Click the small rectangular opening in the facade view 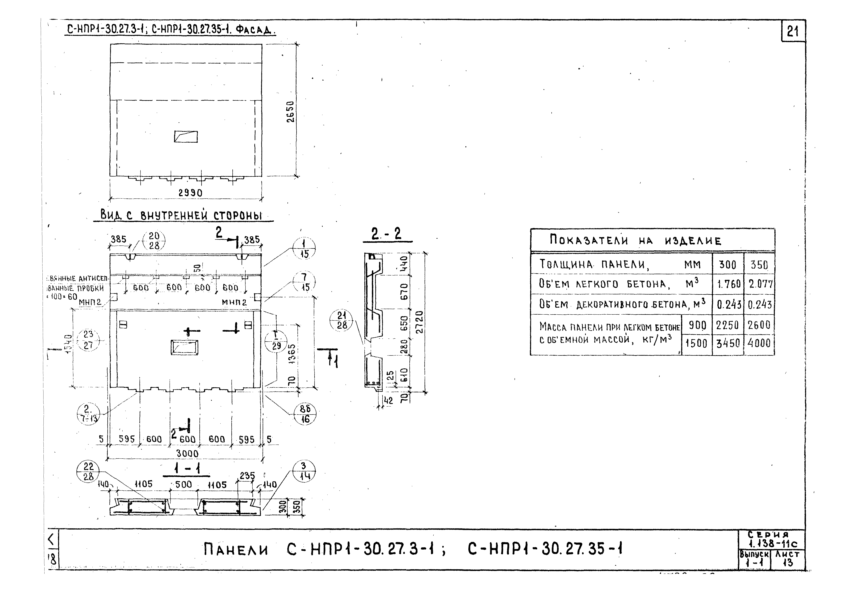(186, 136)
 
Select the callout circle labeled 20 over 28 (154, 241)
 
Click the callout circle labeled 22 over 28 (88, 471)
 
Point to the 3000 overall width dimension (187, 453)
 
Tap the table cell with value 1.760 (728, 284)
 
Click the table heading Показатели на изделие (636, 241)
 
